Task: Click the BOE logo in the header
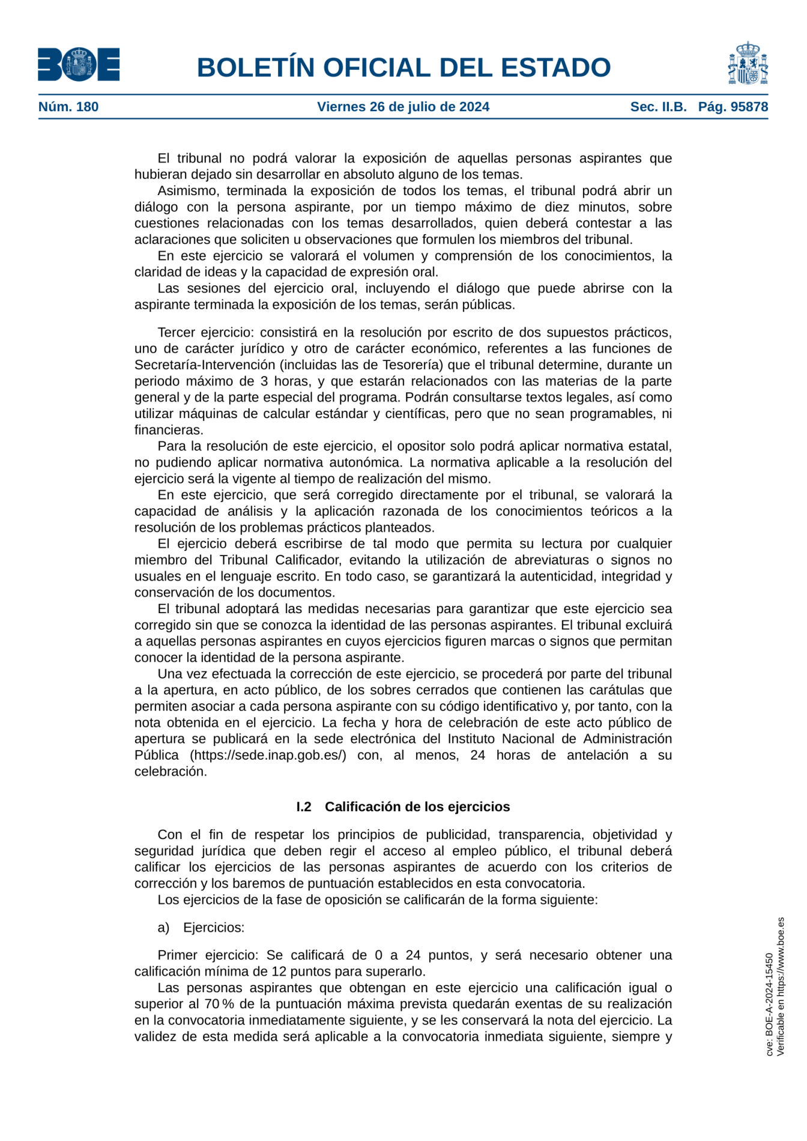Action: (79, 64)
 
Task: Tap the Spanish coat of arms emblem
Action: (748, 64)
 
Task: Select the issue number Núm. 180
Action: (68, 107)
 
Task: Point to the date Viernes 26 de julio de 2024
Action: (403, 107)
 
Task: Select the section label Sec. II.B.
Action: (658, 107)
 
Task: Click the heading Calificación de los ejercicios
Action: (417, 807)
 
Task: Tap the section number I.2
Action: (304, 807)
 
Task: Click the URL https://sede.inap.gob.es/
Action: (268, 755)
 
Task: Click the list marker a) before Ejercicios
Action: (163, 927)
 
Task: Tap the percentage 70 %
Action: (220, 1003)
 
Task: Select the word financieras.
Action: (169, 429)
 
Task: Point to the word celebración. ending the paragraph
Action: (171, 771)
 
